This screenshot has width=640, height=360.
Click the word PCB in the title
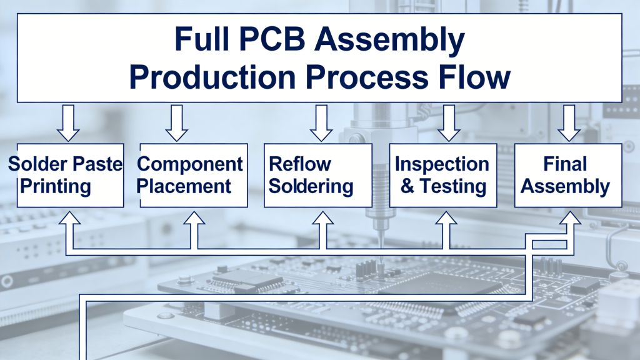pos(269,40)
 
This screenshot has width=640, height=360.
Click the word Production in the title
pos(212,77)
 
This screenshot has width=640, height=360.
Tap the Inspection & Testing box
pos(443,176)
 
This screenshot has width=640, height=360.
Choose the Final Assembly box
pos(568,176)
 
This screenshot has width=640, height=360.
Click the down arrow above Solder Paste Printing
pos(68,123)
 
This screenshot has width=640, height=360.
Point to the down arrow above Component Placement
pos(177,123)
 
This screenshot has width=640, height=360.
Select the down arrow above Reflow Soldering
pos(321,123)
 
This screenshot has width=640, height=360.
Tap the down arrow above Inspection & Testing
pos(448,123)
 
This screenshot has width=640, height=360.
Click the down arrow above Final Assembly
pos(568,123)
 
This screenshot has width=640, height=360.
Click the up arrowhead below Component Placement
pos(194,219)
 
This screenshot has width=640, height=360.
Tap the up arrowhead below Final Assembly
pos(570,219)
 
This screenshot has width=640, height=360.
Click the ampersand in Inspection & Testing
pos(407,186)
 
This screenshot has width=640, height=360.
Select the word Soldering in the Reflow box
pos(311,186)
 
